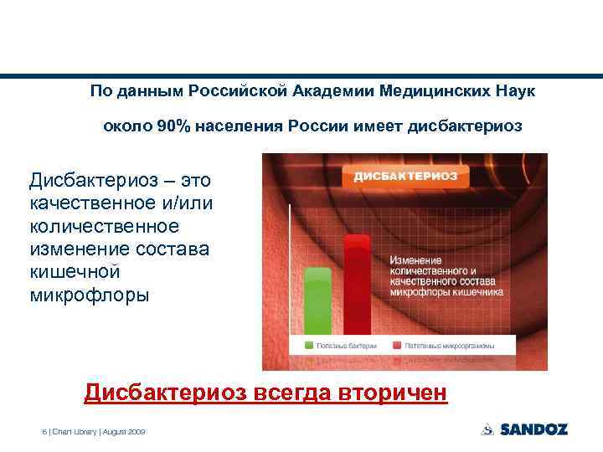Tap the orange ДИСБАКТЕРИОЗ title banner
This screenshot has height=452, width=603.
(405, 176)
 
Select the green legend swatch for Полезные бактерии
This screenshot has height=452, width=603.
(309, 345)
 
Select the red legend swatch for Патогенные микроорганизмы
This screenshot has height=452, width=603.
(395, 345)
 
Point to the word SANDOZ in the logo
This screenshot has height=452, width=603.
(533, 429)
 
